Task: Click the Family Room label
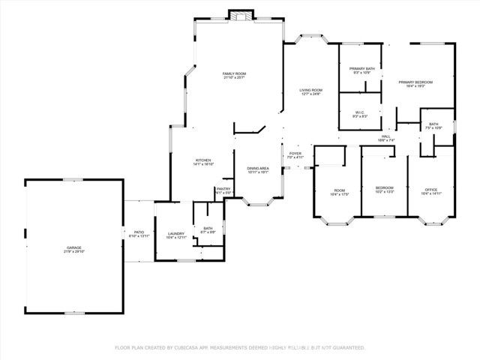click(x=234, y=73)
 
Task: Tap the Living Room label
click(x=310, y=89)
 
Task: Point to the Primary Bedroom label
click(x=415, y=82)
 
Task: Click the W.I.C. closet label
click(x=360, y=113)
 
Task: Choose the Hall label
click(x=385, y=136)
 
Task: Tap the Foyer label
click(x=295, y=154)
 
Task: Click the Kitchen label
click(x=203, y=160)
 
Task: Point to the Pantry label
click(x=223, y=189)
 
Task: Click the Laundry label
click(x=176, y=233)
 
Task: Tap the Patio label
click(x=139, y=232)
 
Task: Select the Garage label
click(x=73, y=247)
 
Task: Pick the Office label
click(x=430, y=190)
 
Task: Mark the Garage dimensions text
click(x=73, y=251)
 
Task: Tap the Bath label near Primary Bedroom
click(x=433, y=124)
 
